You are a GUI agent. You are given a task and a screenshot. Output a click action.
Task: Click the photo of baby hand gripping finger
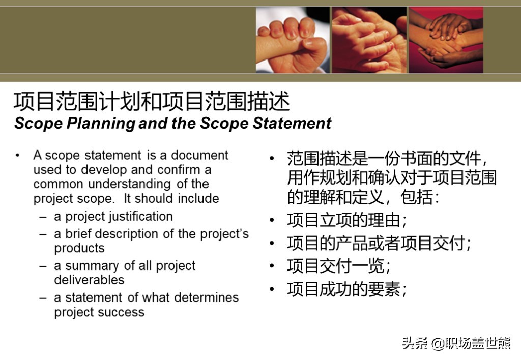click(x=293, y=40)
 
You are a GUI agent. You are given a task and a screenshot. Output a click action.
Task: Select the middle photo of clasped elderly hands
click(x=369, y=40)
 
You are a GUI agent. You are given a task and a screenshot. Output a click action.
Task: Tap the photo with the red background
click(x=446, y=40)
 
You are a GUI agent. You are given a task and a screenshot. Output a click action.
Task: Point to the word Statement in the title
click(x=292, y=123)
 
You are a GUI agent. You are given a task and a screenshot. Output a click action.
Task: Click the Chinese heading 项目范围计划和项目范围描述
click(x=152, y=101)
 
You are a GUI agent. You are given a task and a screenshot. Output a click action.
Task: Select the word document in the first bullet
click(x=199, y=155)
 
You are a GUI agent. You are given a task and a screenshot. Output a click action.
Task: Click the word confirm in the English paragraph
click(x=179, y=170)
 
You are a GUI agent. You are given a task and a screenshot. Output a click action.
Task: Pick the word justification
click(x=140, y=217)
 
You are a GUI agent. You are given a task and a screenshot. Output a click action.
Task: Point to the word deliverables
click(x=90, y=280)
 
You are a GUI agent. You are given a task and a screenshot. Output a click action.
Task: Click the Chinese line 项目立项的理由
click(x=347, y=220)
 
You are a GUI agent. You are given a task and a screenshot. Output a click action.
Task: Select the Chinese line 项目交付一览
click(x=338, y=266)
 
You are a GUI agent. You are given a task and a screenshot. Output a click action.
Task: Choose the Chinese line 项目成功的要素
click(x=347, y=289)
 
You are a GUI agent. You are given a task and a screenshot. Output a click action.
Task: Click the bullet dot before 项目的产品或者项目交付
click(x=272, y=243)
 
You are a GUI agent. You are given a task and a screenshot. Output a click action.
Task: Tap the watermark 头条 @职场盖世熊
click(x=456, y=343)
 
